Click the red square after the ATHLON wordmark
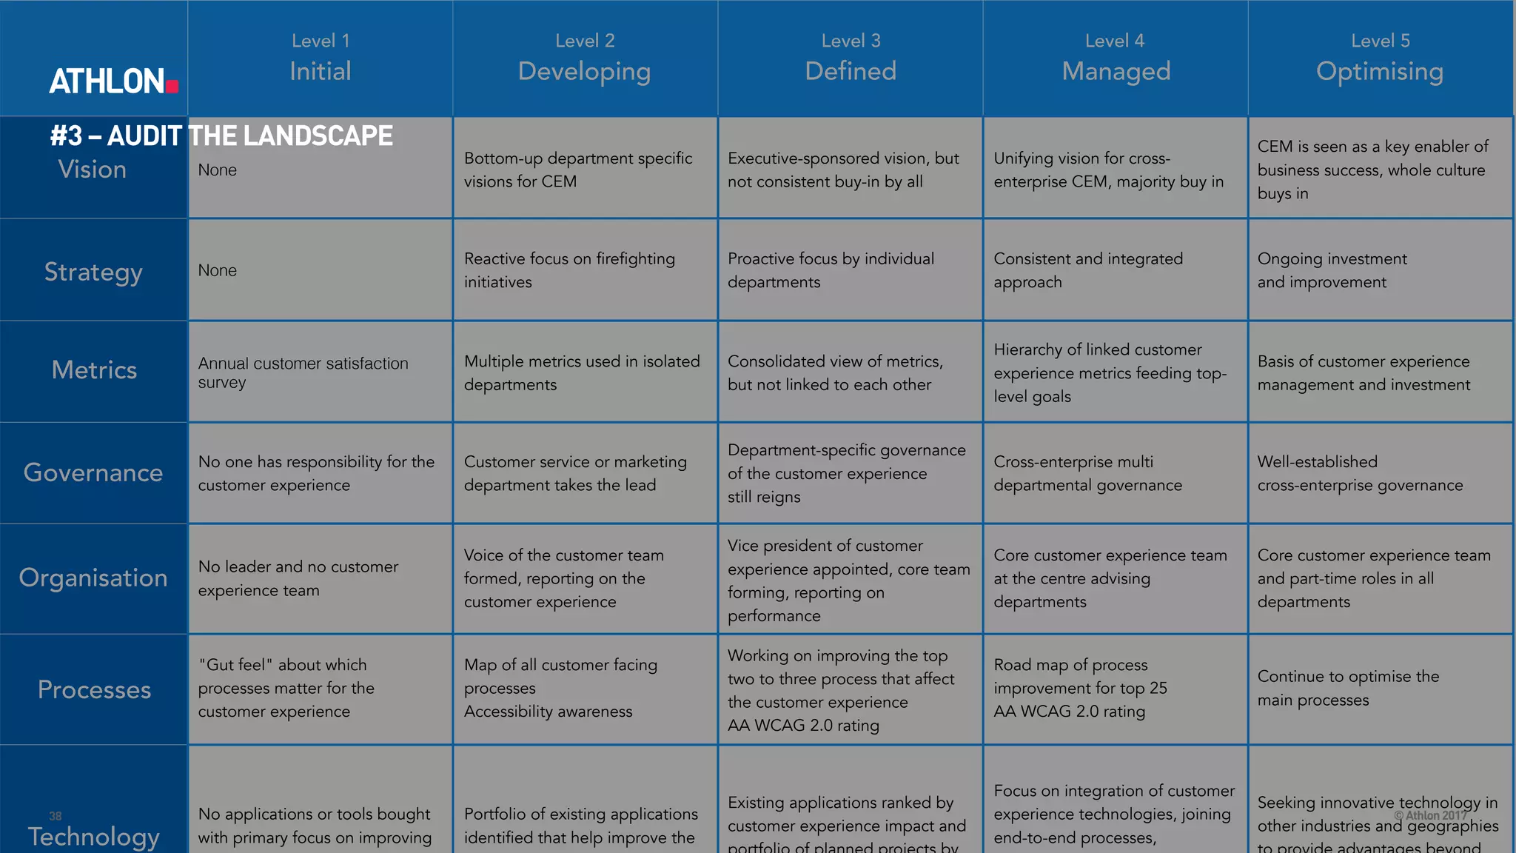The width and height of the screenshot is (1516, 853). point(172,86)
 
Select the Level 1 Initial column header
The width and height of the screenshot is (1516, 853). point(320,58)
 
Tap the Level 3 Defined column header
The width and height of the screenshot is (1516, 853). point(851,58)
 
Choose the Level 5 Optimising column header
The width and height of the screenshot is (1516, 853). point(1380,58)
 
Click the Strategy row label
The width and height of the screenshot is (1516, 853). point(93,272)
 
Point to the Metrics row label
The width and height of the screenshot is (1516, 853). point(94,369)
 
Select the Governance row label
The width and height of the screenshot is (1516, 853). point(93,472)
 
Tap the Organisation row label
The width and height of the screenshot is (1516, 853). point(93,578)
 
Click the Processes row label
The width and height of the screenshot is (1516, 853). point(94,689)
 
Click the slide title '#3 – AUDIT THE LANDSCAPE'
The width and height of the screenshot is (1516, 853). point(221,136)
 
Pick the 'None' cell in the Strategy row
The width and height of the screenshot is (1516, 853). point(218,270)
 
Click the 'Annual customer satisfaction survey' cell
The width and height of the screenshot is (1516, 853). point(303,372)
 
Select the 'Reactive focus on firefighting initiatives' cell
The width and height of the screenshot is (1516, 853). point(569,270)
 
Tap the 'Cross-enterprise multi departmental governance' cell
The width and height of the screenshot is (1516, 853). point(1087,473)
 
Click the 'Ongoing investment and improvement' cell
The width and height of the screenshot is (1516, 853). point(1332,270)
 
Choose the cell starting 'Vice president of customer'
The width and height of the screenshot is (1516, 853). point(848,580)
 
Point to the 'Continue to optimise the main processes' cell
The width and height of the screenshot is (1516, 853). point(1348,688)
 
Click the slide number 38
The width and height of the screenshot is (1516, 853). point(56,816)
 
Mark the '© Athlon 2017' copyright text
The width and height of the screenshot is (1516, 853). point(1430,815)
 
